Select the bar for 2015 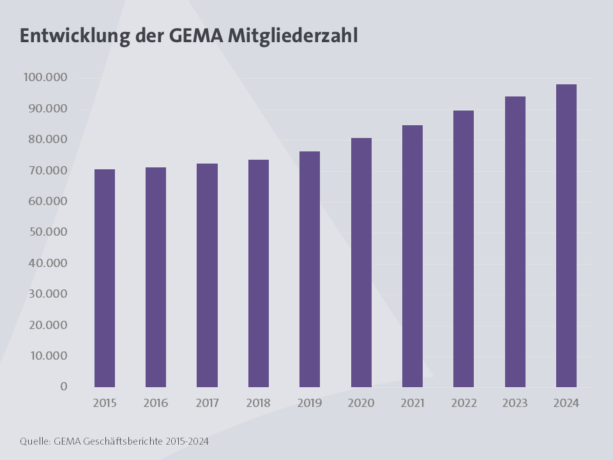[x=105, y=278]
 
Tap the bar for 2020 [x=361, y=262]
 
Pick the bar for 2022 [x=464, y=249]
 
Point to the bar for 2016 [x=156, y=277]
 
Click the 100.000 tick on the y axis [x=45, y=78]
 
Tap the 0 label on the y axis [x=64, y=387]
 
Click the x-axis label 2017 [x=208, y=403]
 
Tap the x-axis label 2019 [x=310, y=403]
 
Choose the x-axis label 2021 [x=412, y=403]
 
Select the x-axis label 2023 [x=515, y=403]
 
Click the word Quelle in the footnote [x=34, y=441]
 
